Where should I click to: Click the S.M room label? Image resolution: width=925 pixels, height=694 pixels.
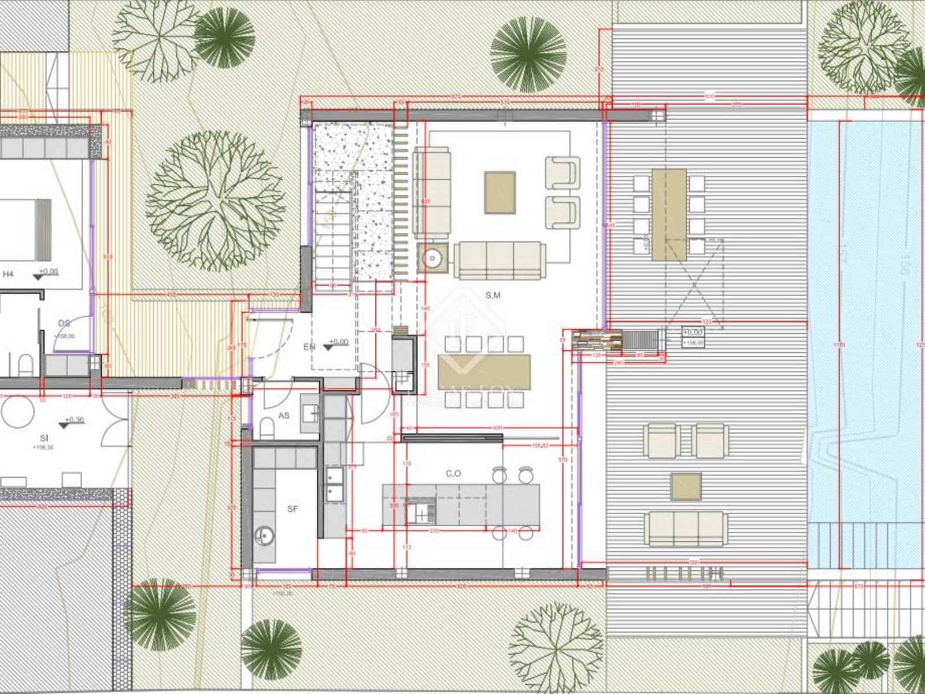point(493,295)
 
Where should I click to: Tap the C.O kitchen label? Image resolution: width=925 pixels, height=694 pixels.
point(453,473)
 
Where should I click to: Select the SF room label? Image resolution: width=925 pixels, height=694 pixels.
point(293,509)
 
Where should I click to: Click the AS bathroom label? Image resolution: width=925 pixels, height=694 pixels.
point(284,416)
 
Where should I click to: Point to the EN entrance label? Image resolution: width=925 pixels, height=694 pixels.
point(309,347)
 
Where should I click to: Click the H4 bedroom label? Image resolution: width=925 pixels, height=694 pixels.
point(8,274)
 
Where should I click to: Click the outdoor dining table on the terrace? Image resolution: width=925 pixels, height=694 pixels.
point(669,214)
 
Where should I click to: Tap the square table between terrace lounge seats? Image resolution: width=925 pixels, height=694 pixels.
point(686,486)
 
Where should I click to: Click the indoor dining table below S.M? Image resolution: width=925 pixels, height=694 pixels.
point(484,367)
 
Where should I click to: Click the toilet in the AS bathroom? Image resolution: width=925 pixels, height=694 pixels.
point(267,429)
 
